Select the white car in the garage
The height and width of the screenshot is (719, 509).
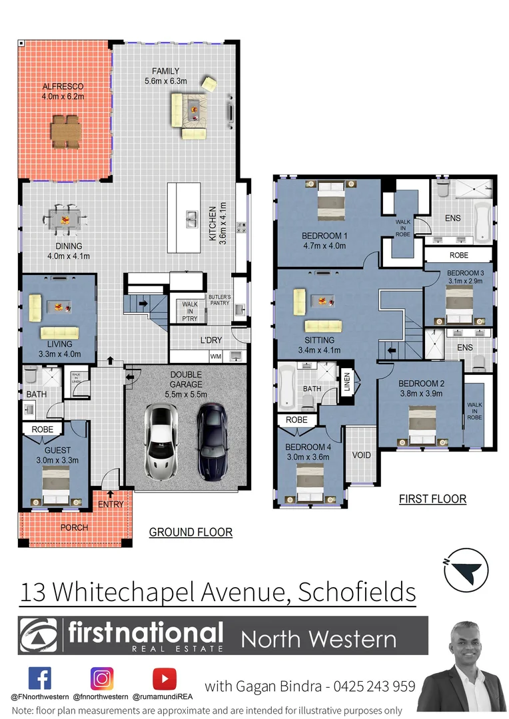159,442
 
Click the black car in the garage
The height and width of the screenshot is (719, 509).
212,440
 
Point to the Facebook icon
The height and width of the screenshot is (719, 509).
39,678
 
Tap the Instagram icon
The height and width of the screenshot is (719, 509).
101,678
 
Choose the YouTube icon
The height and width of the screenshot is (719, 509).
164,678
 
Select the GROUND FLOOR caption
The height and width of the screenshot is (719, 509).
190,532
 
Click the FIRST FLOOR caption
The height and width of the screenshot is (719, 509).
432,499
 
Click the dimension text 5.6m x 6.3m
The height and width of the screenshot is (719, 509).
165,81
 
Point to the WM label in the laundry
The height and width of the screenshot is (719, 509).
215,357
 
